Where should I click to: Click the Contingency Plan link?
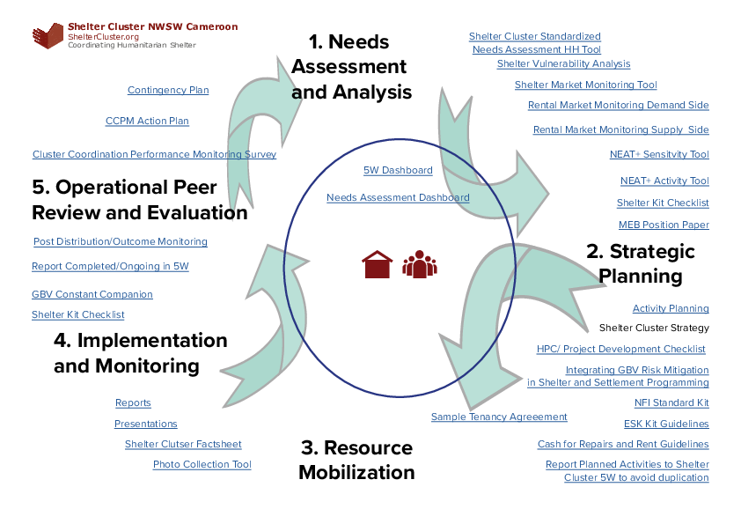coord(168,90)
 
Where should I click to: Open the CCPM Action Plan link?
coord(147,121)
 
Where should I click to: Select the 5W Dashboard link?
coord(398,170)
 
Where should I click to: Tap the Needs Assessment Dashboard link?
coord(398,197)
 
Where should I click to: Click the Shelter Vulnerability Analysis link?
coord(563,63)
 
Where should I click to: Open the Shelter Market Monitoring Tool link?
coord(585,85)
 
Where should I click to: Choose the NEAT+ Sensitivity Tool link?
coord(659,154)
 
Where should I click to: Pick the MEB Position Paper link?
coord(664,225)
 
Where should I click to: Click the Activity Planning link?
coord(671,308)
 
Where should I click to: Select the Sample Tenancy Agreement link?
coord(499,417)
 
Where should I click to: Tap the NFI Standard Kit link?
coord(671,402)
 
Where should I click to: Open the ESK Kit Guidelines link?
coord(666,424)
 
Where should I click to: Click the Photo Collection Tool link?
coord(202,464)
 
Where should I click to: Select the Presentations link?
coord(146,424)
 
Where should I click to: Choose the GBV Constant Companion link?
coord(92,294)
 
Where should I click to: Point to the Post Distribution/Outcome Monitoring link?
coord(121,241)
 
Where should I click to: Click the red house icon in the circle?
coord(377,264)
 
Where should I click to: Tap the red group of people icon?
coord(420,264)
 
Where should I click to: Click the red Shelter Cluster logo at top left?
coord(48,36)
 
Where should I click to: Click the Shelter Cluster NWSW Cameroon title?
coord(152,27)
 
